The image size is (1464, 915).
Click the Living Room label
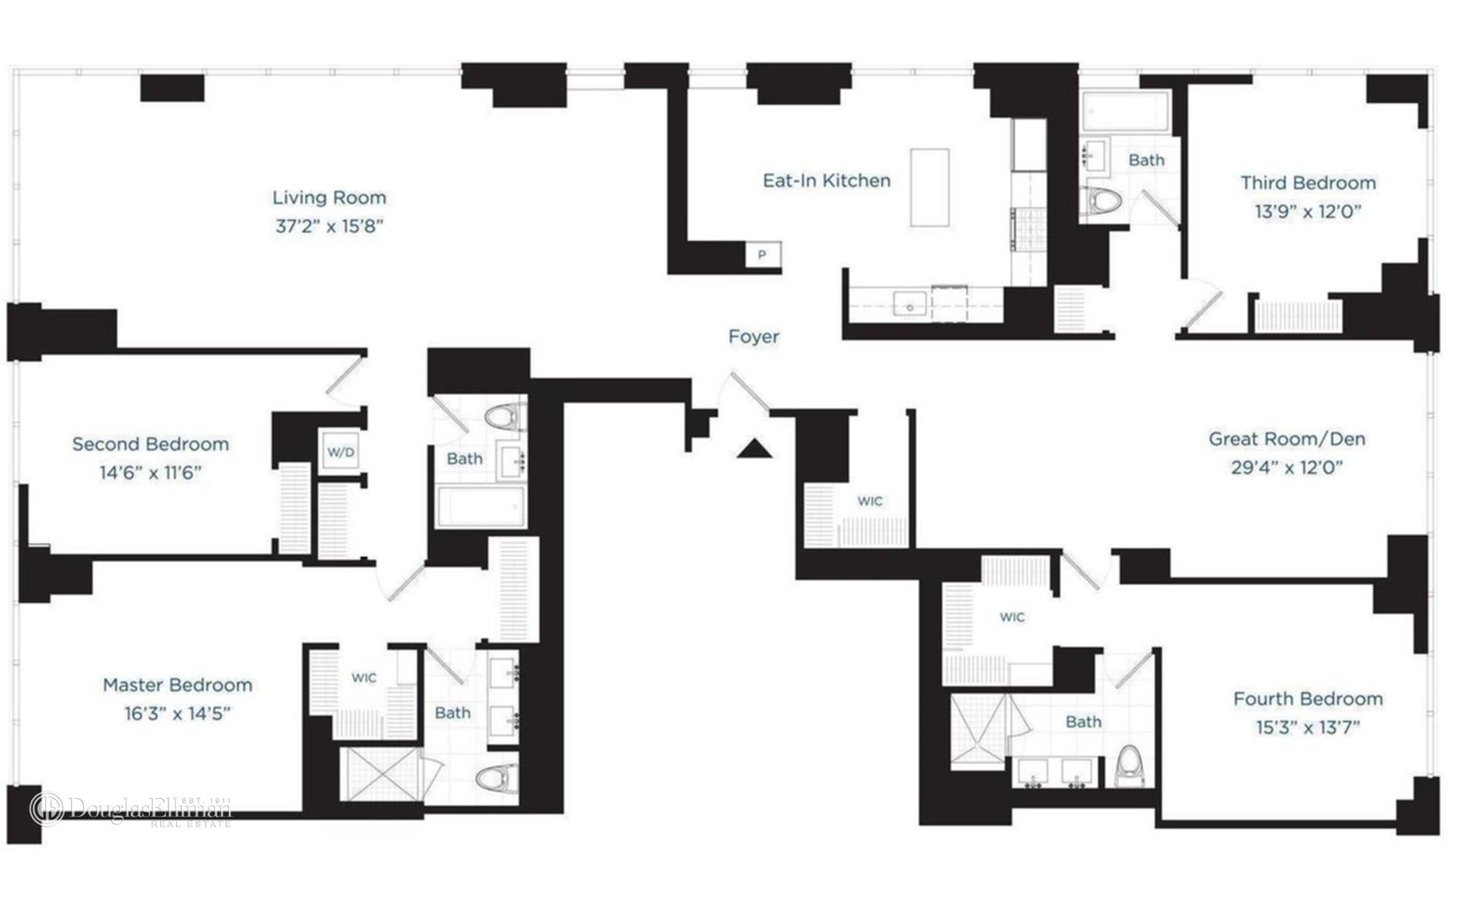click(329, 197)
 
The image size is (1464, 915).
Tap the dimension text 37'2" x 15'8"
click(329, 226)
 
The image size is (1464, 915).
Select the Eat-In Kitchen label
click(827, 181)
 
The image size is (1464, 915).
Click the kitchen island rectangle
click(929, 188)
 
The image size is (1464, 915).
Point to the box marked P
click(762, 255)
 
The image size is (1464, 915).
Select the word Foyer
click(753, 336)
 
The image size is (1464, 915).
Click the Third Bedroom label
click(1308, 183)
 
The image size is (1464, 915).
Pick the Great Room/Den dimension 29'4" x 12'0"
click(1286, 467)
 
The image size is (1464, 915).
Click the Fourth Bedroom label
click(1308, 698)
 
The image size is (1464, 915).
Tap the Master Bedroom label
click(178, 685)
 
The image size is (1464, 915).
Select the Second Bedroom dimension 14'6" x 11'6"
click(150, 473)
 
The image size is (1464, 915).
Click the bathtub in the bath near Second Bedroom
click(480, 507)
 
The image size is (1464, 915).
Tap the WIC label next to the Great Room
click(869, 501)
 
